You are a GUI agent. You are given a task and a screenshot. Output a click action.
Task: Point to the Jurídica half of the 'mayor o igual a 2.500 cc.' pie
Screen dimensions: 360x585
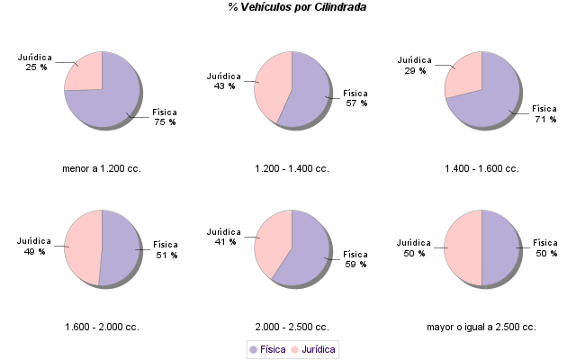click(x=463, y=247)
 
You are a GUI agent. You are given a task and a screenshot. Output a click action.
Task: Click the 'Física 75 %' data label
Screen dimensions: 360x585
click(x=165, y=117)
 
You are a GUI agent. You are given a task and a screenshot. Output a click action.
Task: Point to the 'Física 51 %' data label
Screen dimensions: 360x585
click(x=166, y=249)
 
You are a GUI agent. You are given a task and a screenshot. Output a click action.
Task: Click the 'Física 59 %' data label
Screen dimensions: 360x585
click(x=355, y=259)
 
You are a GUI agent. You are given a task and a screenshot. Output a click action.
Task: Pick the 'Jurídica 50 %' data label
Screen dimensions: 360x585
click(x=413, y=247)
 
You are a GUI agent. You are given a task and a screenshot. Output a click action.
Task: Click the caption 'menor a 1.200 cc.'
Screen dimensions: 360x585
click(x=102, y=168)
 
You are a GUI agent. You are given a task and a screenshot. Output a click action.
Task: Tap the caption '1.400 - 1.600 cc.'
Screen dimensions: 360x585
click(x=481, y=168)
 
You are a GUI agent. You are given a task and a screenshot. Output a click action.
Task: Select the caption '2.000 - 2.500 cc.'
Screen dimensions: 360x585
click(x=292, y=327)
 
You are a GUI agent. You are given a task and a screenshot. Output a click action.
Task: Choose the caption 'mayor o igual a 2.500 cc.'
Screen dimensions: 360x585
click(x=481, y=327)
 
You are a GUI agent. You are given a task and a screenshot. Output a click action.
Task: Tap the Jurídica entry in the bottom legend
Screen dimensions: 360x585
click(x=312, y=349)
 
